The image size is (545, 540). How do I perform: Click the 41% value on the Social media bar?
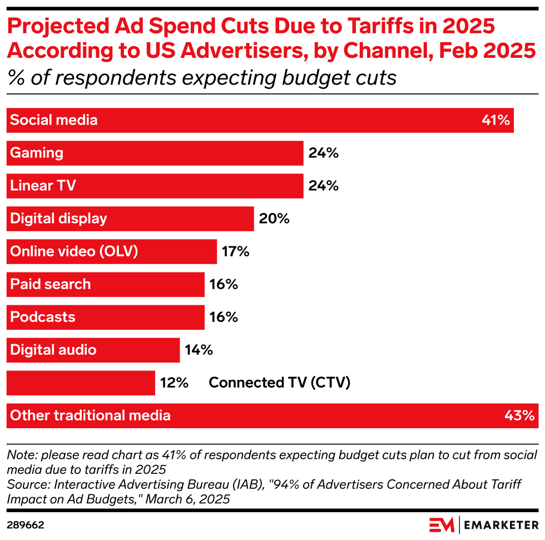pos(496,120)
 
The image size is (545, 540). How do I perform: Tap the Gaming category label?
pos(37,153)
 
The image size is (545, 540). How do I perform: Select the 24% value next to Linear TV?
pos(324,186)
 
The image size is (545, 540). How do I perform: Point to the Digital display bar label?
pos(58,219)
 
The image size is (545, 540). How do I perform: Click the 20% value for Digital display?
pos(274,219)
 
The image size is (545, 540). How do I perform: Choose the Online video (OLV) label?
pos(74,251)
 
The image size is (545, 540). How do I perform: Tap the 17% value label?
pos(235,251)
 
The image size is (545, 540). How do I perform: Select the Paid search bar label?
pos(50,284)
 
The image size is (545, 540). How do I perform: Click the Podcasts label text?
pos(43,317)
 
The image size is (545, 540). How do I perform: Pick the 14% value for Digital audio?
pos(199,350)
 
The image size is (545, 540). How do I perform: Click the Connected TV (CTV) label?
pos(279,383)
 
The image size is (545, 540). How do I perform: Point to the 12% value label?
pos(174,383)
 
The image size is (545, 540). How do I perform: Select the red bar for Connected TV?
pos(81,383)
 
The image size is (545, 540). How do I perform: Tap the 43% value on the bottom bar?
pos(520,415)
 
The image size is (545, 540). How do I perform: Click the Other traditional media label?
pos(90,415)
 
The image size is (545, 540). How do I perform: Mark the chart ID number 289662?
pos(26,525)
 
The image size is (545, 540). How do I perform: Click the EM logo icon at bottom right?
pos(442,525)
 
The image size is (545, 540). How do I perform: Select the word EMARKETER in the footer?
pos(501,525)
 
